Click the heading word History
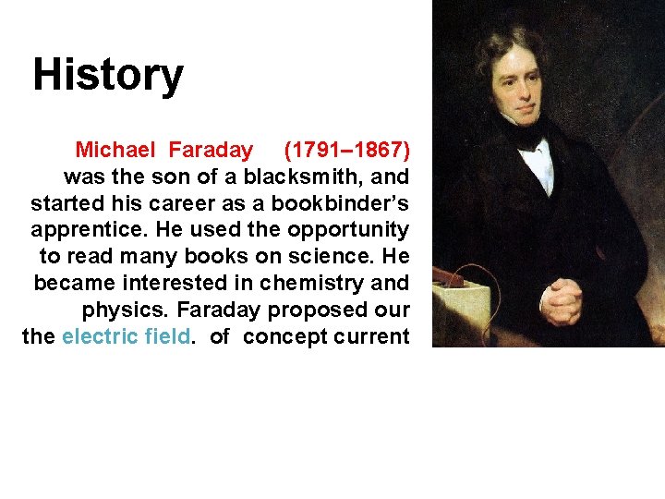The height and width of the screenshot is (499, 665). click(108, 76)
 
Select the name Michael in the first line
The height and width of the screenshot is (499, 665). click(117, 150)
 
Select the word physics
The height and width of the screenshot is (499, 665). click(120, 310)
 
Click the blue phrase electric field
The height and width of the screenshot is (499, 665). click(127, 336)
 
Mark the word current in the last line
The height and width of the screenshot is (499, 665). click(371, 336)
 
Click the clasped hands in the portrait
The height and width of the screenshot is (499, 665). click(559, 301)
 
